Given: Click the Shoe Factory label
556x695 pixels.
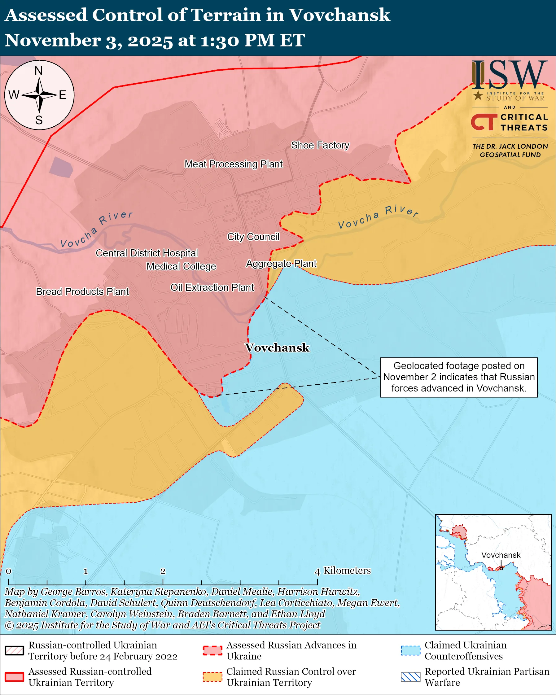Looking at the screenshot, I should pyautogui.click(x=320, y=145).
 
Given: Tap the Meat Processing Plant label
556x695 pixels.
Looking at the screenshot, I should pyautogui.click(x=233, y=164).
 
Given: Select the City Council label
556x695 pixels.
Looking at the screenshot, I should pyautogui.click(x=253, y=237).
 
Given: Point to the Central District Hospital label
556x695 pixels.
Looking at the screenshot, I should pyautogui.click(x=147, y=253).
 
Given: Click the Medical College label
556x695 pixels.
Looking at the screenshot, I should pyautogui.click(x=181, y=266).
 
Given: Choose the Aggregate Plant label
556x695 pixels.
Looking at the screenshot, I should pyautogui.click(x=281, y=264).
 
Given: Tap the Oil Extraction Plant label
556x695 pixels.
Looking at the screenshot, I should pyautogui.click(x=212, y=287).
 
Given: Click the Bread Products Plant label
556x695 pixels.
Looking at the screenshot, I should pyautogui.click(x=82, y=291).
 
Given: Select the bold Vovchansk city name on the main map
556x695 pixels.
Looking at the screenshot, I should pyautogui.click(x=277, y=347).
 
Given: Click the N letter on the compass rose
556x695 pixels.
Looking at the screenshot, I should pyautogui.click(x=39, y=71).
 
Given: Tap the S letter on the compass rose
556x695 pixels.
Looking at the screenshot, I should pyautogui.click(x=39, y=120).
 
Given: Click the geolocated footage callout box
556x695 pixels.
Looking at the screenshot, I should pyautogui.click(x=459, y=377).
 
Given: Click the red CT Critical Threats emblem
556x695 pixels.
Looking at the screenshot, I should pyautogui.click(x=484, y=122).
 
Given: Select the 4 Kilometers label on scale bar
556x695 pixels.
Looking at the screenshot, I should pyautogui.click(x=343, y=570).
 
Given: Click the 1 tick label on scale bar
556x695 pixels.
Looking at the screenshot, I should pyautogui.click(x=86, y=571).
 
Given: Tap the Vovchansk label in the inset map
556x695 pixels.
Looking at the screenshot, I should pyautogui.click(x=501, y=555).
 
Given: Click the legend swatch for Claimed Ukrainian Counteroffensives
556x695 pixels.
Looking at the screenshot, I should pyautogui.click(x=411, y=650).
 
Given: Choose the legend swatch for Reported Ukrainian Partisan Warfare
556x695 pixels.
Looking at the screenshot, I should pyautogui.click(x=411, y=677).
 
